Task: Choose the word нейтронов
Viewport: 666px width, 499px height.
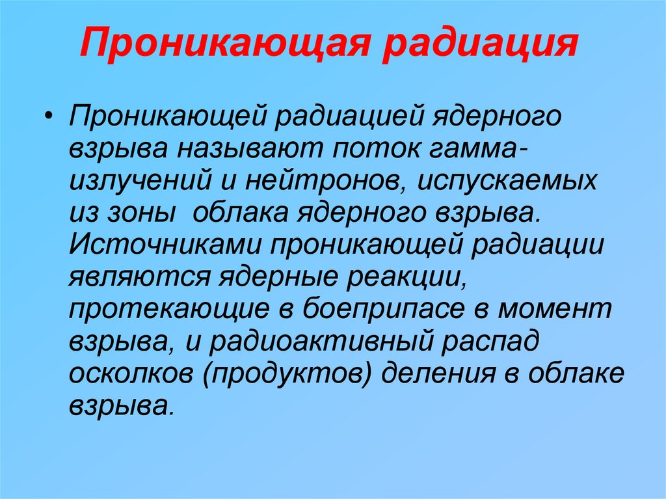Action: click(324, 182)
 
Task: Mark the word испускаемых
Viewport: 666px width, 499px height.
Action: click(507, 182)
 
